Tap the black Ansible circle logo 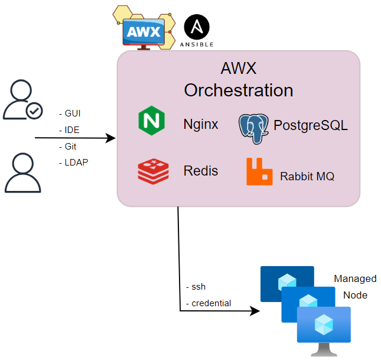tap(197, 28)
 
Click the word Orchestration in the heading tap(238, 90)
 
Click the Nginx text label tap(200, 125)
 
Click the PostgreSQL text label tap(310, 125)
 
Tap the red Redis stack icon tap(153, 171)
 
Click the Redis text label tap(200, 171)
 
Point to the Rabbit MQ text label tap(307, 176)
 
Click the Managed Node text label tap(354, 287)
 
